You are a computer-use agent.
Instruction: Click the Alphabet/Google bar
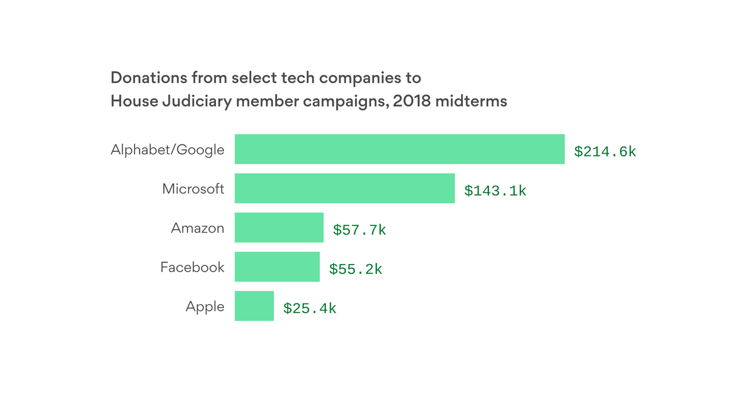tap(399, 149)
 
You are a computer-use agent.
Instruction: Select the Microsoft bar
tap(345, 188)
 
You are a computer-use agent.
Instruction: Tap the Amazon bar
tap(279, 227)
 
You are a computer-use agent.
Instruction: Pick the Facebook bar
tap(277, 267)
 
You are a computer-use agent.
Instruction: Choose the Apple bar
tap(254, 306)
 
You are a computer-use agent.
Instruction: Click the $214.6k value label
tap(605, 151)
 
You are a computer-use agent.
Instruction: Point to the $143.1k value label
tap(495, 190)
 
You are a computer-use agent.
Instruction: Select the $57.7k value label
tap(359, 230)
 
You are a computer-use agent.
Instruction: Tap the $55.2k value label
tap(355, 269)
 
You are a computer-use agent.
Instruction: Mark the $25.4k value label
tap(310, 308)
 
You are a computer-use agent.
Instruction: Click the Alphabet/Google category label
tap(167, 150)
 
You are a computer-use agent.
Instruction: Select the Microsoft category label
tap(193, 189)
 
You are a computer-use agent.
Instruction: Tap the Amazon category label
tap(197, 228)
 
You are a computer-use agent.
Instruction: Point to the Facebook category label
tap(192, 267)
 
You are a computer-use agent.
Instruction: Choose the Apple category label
tap(205, 307)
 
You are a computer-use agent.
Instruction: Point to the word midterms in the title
tap(471, 102)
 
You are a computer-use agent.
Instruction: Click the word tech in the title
tap(298, 78)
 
